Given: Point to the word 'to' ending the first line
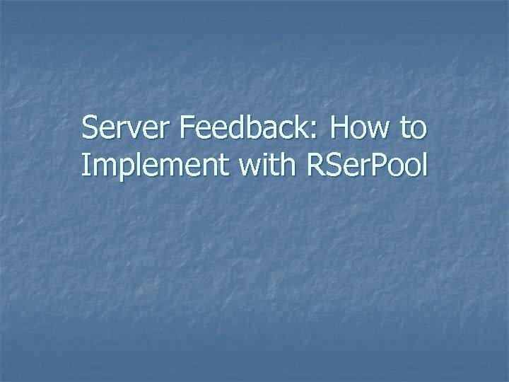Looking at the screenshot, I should click(414, 129).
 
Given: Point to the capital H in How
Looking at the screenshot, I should click(340, 129).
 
